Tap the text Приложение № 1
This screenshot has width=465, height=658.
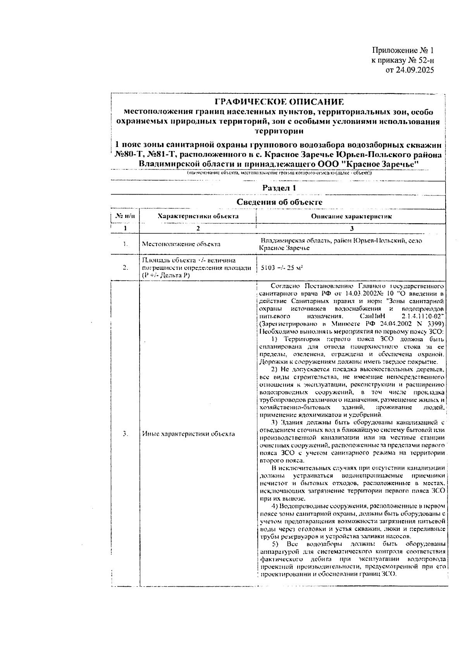pos(403,51)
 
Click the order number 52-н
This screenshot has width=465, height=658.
pos(422,60)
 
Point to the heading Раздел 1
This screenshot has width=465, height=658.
pos(279,188)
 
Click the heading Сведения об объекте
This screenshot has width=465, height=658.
pos(279,202)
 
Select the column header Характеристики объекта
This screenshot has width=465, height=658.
pos(198,216)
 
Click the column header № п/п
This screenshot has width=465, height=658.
pos(125,216)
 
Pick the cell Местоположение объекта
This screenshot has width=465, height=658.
pos(181,244)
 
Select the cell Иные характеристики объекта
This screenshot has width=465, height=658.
pos(188,434)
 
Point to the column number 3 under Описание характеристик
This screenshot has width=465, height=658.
pos(352,228)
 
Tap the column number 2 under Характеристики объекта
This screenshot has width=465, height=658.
pos(198,228)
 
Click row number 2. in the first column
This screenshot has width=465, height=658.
pos(125,268)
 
